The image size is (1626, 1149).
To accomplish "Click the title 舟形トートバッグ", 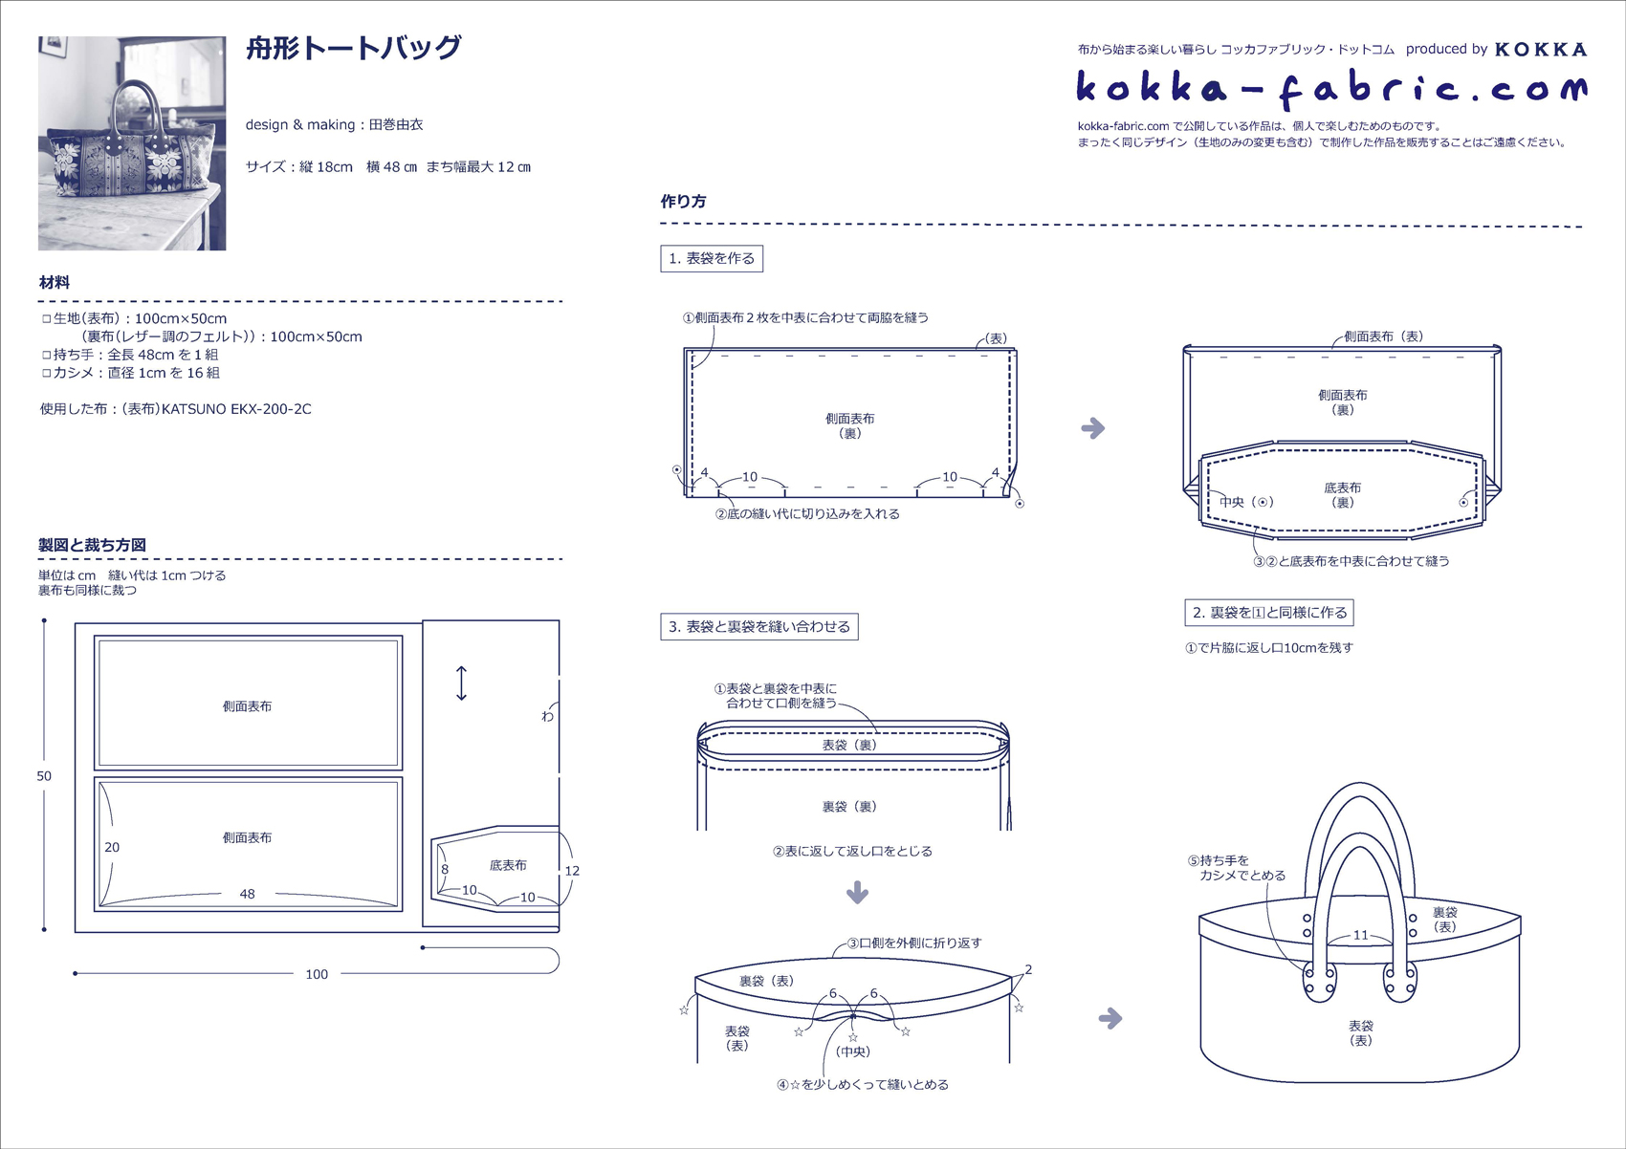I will (x=354, y=48).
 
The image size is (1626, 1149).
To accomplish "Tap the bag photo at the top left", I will (x=132, y=143).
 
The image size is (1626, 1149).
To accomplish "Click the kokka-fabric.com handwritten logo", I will (x=1330, y=89).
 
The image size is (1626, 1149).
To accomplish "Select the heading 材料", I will (x=55, y=283).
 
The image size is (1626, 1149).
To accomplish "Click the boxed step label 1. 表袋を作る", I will (x=712, y=258).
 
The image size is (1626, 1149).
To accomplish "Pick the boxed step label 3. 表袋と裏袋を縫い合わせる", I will (x=759, y=627).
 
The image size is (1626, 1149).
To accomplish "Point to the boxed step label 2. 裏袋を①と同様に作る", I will (x=1269, y=613).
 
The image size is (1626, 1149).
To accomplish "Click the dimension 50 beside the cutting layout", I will (x=44, y=776).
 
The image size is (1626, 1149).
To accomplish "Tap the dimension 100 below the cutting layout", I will (x=317, y=974).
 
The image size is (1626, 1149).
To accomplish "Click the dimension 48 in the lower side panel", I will (x=247, y=894).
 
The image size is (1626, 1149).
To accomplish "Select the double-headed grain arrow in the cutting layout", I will (x=461, y=683).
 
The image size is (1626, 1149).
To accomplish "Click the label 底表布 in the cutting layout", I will (x=508, y=865).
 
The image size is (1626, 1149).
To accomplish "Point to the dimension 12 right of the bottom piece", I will (x=572, y=871).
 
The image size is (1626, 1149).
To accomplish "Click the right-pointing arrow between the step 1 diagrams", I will (x=1093, y=428).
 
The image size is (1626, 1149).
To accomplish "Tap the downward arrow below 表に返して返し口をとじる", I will (x=857, y=893).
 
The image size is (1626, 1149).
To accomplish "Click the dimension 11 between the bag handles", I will (x=1360, y=935).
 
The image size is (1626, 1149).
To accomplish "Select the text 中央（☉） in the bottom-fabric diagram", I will (x=1246, y=502).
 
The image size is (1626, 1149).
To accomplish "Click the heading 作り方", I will (x=683, y=202).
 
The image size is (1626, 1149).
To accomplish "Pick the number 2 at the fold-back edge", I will (x=1028, y=969).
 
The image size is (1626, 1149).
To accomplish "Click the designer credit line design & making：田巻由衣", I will (x=334, y=124).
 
